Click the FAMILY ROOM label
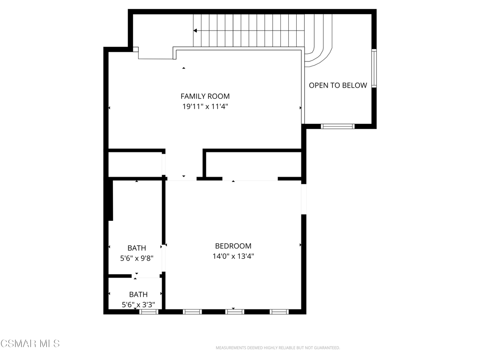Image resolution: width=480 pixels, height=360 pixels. tap(205, 97)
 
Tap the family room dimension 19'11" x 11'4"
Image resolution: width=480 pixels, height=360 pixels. tap(205, 106)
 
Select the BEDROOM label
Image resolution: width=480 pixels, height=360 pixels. tap(233, 246)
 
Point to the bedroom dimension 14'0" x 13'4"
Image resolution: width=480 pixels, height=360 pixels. tap(233, 256)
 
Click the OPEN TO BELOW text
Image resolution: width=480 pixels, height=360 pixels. tap(338, 85)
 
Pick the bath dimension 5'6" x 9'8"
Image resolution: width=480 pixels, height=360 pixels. tap(136, 258)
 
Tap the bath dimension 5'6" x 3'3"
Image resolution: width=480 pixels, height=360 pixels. tap(138, 305)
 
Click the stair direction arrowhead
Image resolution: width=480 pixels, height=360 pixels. tap(195, 30)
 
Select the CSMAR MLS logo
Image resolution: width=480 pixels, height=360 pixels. tap(30, 344)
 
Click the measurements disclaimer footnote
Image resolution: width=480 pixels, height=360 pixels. tap(277, 348)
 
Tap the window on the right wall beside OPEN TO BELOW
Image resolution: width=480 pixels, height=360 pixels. tap(374, 68)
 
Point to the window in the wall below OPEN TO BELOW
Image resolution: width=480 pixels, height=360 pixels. tap(337, 126)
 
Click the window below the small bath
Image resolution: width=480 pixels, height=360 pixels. tap(149, 312)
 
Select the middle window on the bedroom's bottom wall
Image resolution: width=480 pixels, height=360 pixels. tap(235, 312)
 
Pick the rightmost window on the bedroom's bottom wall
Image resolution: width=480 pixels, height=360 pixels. tap(279, 312)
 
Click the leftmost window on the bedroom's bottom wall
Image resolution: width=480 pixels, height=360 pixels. tap(192, 312)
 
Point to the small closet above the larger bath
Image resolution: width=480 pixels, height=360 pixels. tap(135, 165)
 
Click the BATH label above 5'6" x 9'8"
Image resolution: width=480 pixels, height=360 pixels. tap(136, 248)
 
